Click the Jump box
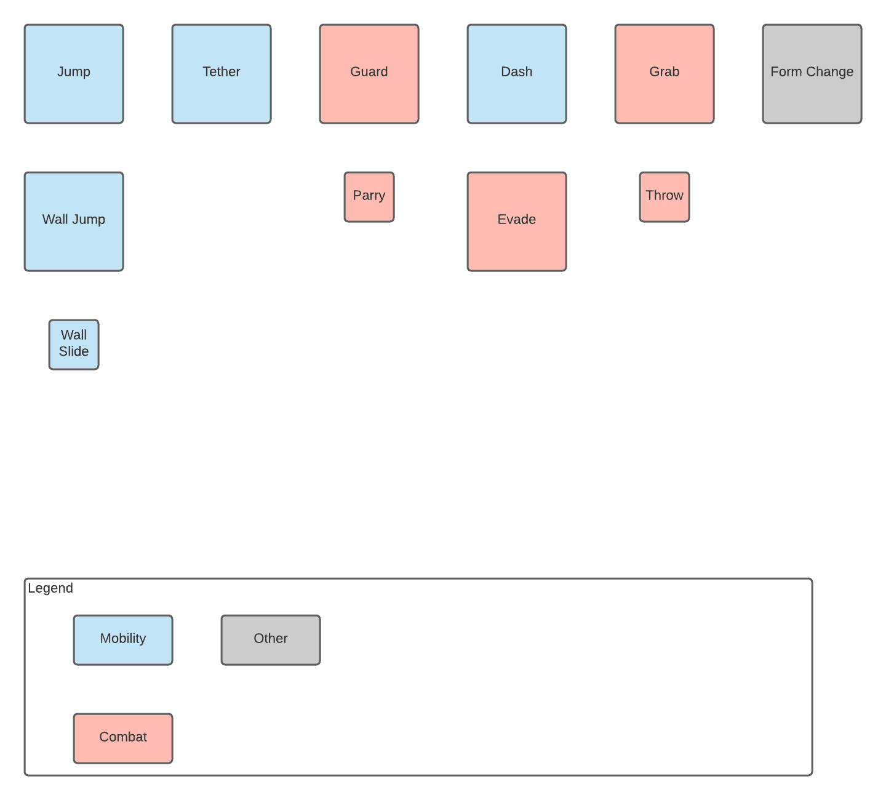74,74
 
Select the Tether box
221,74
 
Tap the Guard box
369,74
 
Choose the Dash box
517,74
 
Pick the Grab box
664,74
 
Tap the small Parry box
369,197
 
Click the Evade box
517,222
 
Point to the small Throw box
664,197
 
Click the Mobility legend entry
123,640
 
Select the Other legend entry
271,640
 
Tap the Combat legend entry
123,738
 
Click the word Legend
50,588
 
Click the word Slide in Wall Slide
74,351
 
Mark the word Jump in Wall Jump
90,220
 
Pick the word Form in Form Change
786,72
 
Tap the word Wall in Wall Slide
74,335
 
